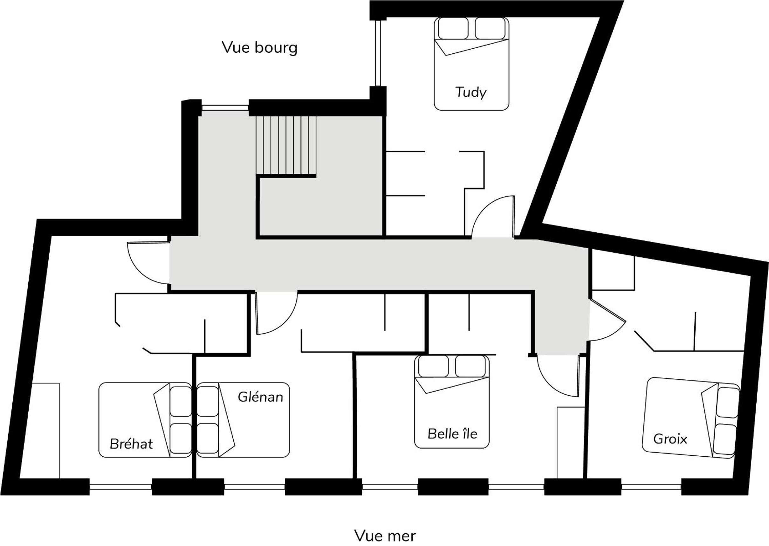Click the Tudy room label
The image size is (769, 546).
(x=470, y=93)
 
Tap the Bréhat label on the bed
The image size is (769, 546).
(x=131, y=444)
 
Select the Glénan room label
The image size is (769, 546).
(x=260, y=397)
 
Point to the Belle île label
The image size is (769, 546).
(x=452, y=434)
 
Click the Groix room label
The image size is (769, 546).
(x=670, y=439)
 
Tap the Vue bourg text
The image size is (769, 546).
(x=259, y=48)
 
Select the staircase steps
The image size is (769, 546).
(x=286, y=146)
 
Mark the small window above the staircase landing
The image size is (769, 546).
(x=225, y=107)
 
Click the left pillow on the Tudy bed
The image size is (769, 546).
(x=453, y=28)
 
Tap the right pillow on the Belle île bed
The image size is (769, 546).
(x=470, y=366)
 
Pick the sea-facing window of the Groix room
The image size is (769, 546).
(x=651, y=487)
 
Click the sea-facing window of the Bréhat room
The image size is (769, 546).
(x=121, y=487)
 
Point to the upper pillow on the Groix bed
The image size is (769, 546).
(x=728, y=403)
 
